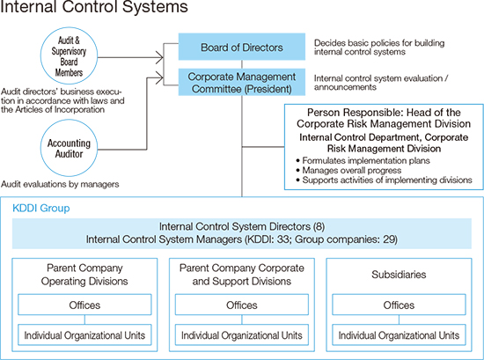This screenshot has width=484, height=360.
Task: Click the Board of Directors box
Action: click(x=242, y=47)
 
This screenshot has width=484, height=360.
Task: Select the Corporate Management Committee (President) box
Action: click(x=242, y=82)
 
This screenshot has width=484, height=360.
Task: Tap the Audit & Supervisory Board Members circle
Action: click(x=69, y=55)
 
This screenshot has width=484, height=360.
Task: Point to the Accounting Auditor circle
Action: click(x=69, y=148)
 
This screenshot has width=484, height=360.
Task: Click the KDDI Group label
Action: click(x=41, y=208)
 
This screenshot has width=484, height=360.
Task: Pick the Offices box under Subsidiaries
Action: click(x=399, y=305)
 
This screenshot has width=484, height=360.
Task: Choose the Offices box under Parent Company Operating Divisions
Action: click(x=84, y=305)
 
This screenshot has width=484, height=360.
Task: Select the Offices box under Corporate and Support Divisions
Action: click(x=242, y=305)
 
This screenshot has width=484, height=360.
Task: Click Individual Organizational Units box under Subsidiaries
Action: click(x=399, y=335)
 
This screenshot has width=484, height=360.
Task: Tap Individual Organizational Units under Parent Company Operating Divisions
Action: click(x=84, y=335)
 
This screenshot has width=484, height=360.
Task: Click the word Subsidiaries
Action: click(x=399, y=275)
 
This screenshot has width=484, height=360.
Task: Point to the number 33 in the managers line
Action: click(x=282, y=239)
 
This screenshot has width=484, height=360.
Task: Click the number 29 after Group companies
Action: click(x=389, y=239)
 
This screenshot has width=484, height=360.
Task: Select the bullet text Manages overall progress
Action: click(x=352, y=170)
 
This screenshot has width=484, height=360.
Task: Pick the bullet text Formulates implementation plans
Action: click(x=366, y=160)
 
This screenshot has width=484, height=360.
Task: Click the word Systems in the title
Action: click(x=155, y=6)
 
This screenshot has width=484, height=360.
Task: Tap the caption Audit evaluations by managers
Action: click(x=60, y=184)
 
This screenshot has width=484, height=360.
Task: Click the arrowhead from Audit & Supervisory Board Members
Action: click(x=159, y=57)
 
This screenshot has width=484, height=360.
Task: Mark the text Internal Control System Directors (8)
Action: click(x=242, y=226)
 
